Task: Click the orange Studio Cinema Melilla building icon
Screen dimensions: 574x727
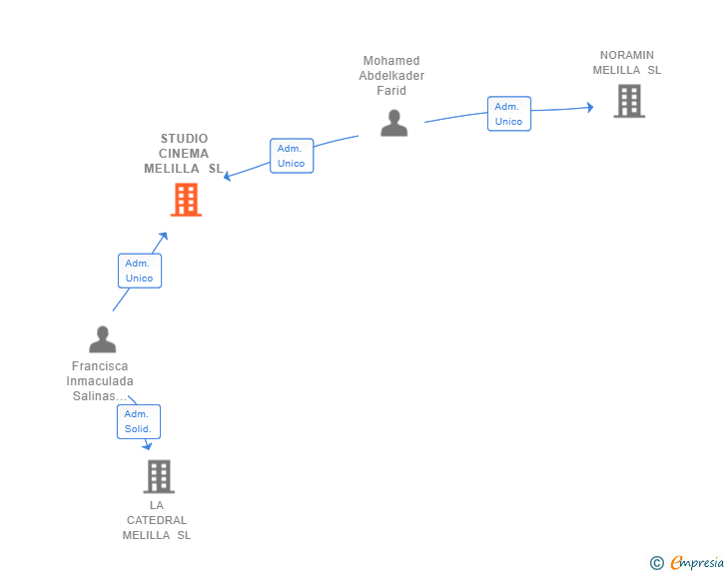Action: coord(186,200)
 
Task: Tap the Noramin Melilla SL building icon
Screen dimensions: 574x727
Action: coord(628,101)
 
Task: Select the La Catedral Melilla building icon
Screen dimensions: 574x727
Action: coord(158,476)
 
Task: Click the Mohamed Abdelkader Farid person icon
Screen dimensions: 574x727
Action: coord(394,123)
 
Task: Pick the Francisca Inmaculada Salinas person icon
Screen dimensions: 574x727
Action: coord(102,339)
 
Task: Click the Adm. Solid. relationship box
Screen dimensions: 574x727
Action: coord(138,421)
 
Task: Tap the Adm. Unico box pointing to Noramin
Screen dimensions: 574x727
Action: coord(508,114)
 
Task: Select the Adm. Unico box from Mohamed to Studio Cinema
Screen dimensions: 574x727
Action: coord(292,156)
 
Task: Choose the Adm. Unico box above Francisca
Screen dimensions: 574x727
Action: coord(139,271)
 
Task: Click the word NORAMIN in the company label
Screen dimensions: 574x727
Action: coord(627,55)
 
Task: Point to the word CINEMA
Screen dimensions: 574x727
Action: coord(184,154)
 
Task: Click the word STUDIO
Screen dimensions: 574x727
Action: coord(184,139)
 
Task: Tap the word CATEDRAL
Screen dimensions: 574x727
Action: coord(157,520)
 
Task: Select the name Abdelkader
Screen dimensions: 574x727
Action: coord(391,76)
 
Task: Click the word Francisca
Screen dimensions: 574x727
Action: coord(100,366)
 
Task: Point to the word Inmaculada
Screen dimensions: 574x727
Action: coord(100,381)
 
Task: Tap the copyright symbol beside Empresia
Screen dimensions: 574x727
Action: coord(656,563)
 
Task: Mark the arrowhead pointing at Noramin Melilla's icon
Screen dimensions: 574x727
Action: coord(590,107)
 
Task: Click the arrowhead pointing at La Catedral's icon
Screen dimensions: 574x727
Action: coord(148,445)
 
